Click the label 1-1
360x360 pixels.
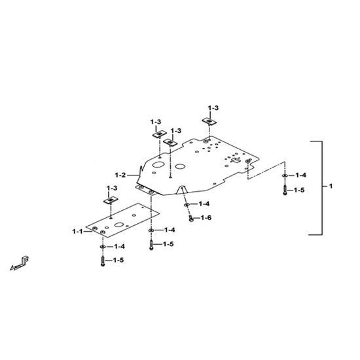[x=77, y=232]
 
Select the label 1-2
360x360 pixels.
[x=120, y=175]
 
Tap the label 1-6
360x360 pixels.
[x=206, y=218]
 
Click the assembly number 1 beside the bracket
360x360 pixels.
[x=331, y=186]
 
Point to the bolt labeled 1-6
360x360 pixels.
[x=190, y=219]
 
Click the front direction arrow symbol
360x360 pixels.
[x=20, y=264]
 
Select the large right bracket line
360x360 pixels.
[x=322, y=188]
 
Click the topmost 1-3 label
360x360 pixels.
[x=213, y=108]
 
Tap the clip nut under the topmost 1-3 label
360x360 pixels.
[x=209, y=121]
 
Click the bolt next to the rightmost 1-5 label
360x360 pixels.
[x=285, y=190]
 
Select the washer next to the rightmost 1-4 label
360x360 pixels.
[x=285, y=175]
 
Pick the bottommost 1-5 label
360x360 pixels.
[x=118, y=260]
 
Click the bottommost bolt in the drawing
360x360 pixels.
[x=103, y=261]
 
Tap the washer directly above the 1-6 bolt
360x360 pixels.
[x=187, y=204]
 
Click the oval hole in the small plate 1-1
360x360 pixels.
[x=119, y=225]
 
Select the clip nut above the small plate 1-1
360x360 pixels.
[x=111, y=201]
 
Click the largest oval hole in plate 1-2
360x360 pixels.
[x=158, y=164]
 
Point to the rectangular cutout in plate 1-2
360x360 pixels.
[x=235, y=160]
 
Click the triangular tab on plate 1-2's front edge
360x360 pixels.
[x=182, y=189]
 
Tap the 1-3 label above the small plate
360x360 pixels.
[x=112, y=188]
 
